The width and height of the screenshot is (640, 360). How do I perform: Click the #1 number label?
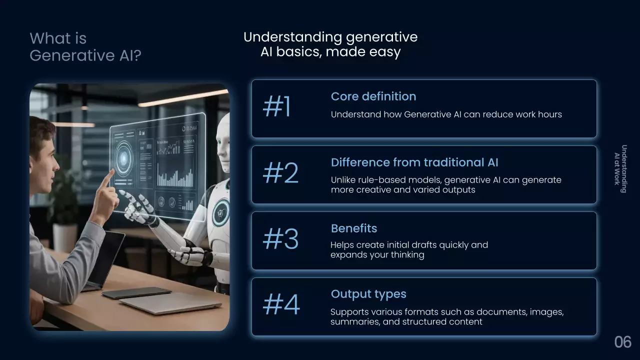click(x=276, y=106)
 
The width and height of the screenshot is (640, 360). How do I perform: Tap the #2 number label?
click(x=280, y=172)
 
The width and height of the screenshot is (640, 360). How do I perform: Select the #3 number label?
click(x=280, y=238)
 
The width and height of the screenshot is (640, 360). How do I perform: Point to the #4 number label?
click(x=281, y=304)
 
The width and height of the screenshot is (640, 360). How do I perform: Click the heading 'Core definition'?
click(x=373, y=96)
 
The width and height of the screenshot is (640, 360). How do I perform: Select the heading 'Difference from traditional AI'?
click(x=414, y=162)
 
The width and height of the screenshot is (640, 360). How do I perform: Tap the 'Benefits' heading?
click(x=354, y=228)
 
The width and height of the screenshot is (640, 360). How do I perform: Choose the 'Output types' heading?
click(x=368, y=294)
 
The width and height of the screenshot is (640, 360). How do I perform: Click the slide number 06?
click(x=623, y=342)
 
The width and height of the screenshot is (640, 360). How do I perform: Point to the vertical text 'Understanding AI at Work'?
click(x=620, y=169)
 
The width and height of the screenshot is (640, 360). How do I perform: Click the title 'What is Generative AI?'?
click(x=85, y=46)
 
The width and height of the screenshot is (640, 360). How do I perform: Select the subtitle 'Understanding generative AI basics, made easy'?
click(x=330, y=44)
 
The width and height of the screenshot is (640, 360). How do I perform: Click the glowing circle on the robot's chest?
click(x=221, y=213)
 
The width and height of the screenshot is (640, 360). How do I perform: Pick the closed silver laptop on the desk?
click(x=171, y=303)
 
